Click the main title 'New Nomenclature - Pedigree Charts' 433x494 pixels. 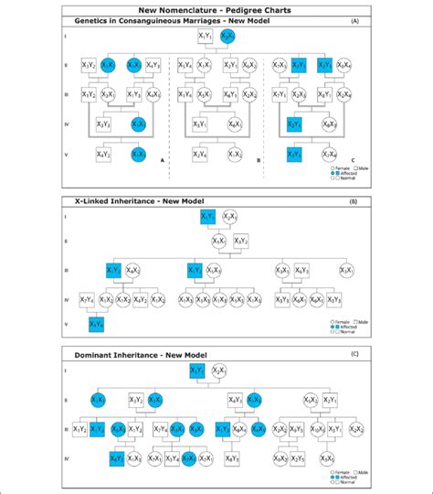[x=216, y=8]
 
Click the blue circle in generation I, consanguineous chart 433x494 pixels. [x=228, y=37]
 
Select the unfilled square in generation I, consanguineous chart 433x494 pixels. [x=206, y=37]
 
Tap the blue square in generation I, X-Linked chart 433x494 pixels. [x=206, y=217]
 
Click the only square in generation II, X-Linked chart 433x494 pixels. [x=240, y=242]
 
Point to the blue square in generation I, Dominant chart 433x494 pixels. [x=195, y=370]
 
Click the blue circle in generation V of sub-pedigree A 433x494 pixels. [x=137, y=154]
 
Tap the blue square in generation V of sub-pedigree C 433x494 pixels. [x=294, y=154]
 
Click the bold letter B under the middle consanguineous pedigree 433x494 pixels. [x=259, y=160]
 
